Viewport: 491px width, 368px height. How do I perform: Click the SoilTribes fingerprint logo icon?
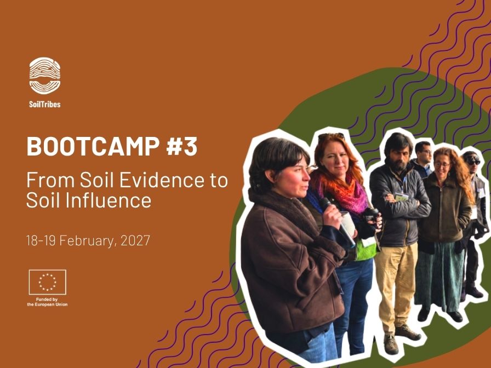pos(45,76)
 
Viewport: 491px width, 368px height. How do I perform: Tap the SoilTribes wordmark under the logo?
pos(45,104)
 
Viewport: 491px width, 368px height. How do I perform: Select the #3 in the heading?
pos(181,146)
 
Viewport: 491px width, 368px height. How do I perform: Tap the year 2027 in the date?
pos(135,240)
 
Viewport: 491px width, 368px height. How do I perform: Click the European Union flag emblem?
pos(48,282)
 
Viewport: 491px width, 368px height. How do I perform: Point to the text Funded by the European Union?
pos(47,302)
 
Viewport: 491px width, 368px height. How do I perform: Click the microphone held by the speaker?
pos(327,206)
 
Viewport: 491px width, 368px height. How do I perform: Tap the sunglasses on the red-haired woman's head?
pos(332,136)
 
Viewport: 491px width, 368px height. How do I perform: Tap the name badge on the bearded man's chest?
pos(401,197)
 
